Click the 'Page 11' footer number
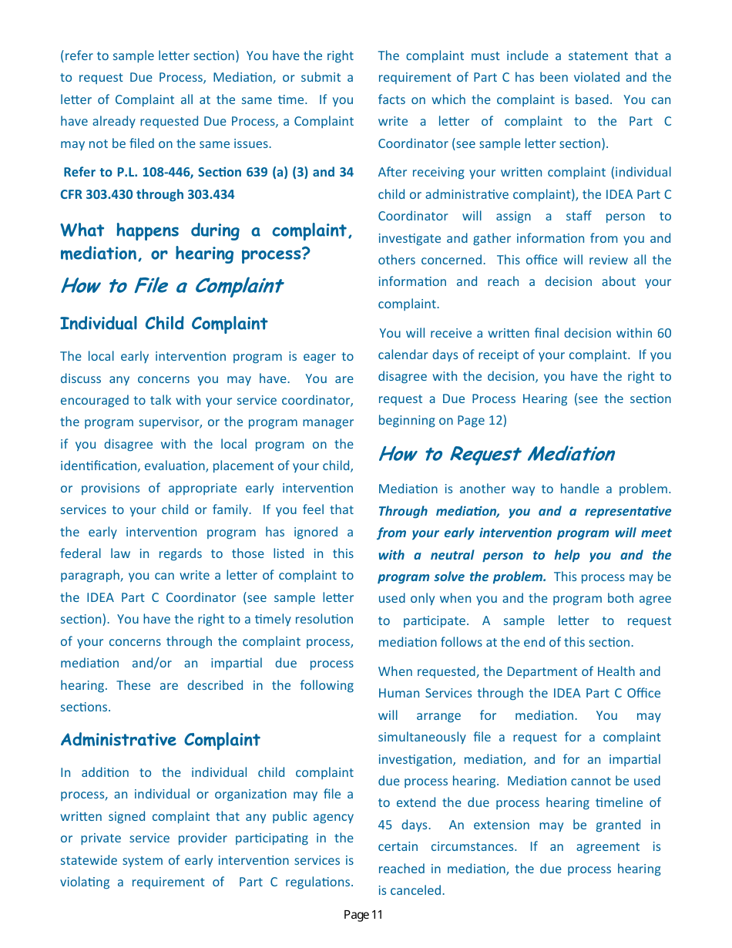[363, 915]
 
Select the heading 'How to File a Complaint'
[171, 286]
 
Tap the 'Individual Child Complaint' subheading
[163, 324]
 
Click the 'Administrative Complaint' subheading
[160, 740]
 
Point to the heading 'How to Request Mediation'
[496, 454]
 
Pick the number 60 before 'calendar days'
[663, 333]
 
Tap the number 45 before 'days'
[385, 825]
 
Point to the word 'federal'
[81, 553]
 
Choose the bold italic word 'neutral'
[452, 555]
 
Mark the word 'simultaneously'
[421, 738]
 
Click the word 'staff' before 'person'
[579, 217]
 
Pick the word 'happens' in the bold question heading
[148, 230]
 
